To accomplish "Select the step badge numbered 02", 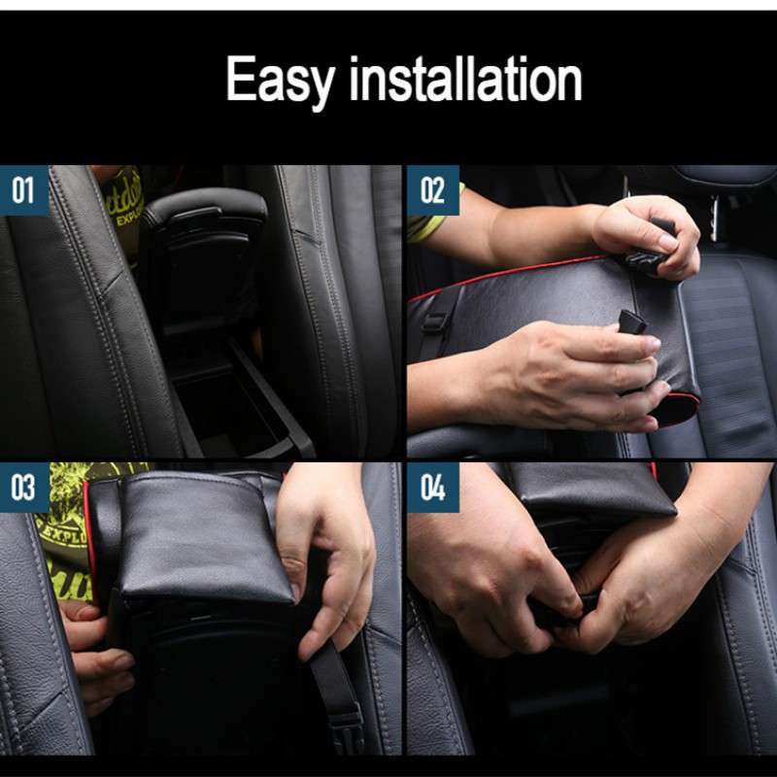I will [x=432, y=189].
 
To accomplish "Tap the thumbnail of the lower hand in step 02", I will [x=654, y=345].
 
